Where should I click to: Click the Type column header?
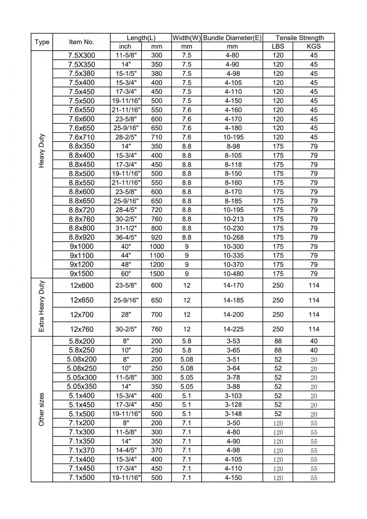(x=42, y=42)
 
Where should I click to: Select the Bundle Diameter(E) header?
(x=232, y=38)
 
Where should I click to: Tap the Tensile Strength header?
(x=299, y=38)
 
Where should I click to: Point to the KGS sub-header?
(x=314, y=47)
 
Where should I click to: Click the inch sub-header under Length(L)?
(x=125, y=47)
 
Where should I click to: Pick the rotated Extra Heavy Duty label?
(x=41, y=306)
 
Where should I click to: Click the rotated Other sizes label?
(x=41, y=409)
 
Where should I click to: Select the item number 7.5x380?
(x=82, y=73)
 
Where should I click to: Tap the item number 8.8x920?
(x=82, y=237)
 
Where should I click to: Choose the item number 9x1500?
(x=82, y=274)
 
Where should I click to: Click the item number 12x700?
(x=82, y=315)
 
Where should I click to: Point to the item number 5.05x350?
(x=82, y=386)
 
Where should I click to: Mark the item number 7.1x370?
(x=82, y=450)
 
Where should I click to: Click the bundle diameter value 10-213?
(x=233, y=219)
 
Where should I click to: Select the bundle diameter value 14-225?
(x=233, y=329)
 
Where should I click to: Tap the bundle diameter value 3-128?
(x=233, y=405)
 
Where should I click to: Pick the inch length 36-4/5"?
(x=126, y=237)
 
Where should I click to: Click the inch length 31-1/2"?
(x=126, y=228)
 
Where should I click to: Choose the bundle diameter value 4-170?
(x=233, y=119)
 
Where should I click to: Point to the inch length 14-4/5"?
(x=126, y=450)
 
